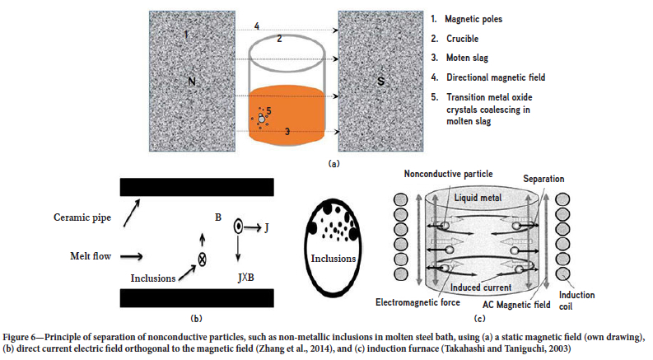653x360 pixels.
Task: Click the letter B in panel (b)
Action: coord(217,217)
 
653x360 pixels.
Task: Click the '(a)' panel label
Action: coord(333,163)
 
